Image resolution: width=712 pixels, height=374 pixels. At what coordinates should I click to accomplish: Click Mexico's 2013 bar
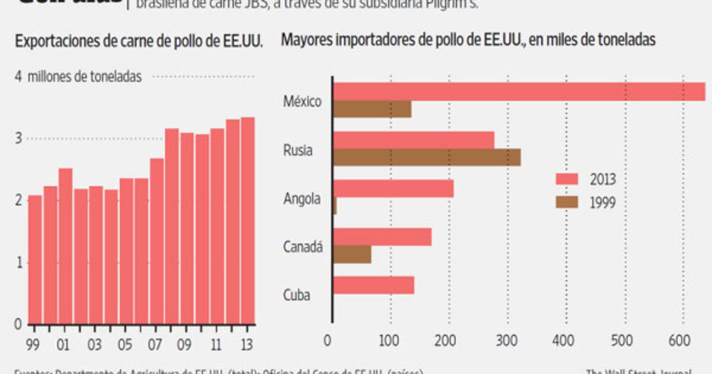(x=519, y=92)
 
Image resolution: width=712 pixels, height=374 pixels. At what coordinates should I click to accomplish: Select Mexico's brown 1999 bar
(x=373, y=109)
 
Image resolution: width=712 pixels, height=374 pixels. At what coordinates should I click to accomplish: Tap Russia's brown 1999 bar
(x=427, y=157)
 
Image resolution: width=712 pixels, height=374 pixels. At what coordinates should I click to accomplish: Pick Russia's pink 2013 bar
(x=414, y=140)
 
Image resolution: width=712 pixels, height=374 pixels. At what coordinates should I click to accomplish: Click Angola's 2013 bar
(x=394, y=188)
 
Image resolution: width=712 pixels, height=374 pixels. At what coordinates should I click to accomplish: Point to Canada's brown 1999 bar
(x=352, y=254)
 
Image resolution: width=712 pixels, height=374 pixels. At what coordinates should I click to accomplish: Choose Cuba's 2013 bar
(x=374, y=286)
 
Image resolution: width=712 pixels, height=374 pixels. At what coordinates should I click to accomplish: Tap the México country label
(x=303, y=102)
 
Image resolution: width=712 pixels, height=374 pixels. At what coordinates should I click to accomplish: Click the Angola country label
(x=303, y=198)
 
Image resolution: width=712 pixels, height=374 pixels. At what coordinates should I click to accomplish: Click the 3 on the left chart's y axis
(x=18, y=138)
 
